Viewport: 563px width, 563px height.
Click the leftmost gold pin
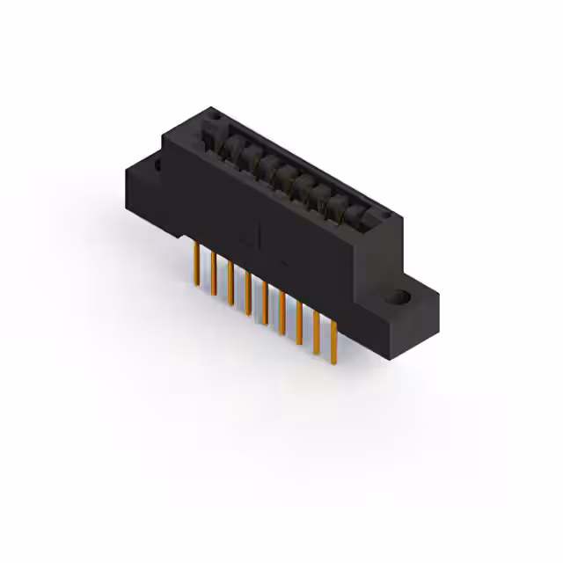coord(195,265)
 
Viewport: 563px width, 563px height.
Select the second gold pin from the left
coord(213,272)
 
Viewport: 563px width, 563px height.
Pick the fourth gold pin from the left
coord(247,291)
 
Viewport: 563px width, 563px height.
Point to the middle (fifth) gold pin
coord(264,301)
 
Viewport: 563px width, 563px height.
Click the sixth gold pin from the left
coord(281,312)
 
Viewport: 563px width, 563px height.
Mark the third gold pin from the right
coord(299,323)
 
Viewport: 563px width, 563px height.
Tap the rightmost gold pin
coord(333,343)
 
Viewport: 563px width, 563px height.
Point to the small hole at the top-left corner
coord(213,114)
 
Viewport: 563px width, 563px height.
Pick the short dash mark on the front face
coord(285,261)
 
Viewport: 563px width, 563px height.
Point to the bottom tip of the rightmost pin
coord(333,362)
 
